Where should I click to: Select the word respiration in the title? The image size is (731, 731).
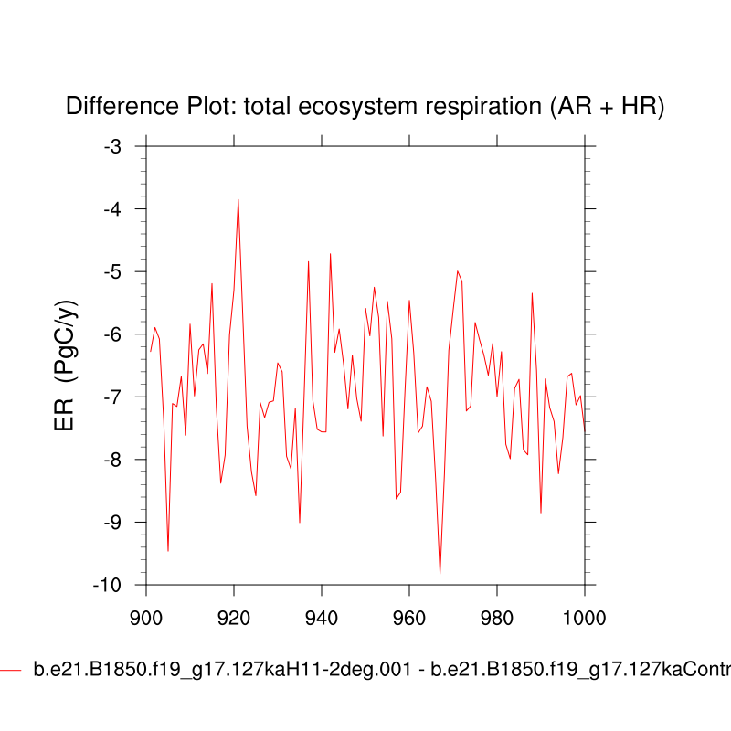coord(489,107)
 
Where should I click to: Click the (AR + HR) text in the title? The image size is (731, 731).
coord(606,107)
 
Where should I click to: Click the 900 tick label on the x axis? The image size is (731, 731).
coord(146,616)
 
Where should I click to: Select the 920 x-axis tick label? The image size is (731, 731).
coord(234,616)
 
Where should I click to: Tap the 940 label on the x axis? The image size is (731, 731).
coord(322,616)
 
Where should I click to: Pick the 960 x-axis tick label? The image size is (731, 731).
coord(409,616)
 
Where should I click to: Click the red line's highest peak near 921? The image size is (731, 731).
coord(238,199)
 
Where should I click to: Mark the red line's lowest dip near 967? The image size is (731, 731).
coord(440,573)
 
